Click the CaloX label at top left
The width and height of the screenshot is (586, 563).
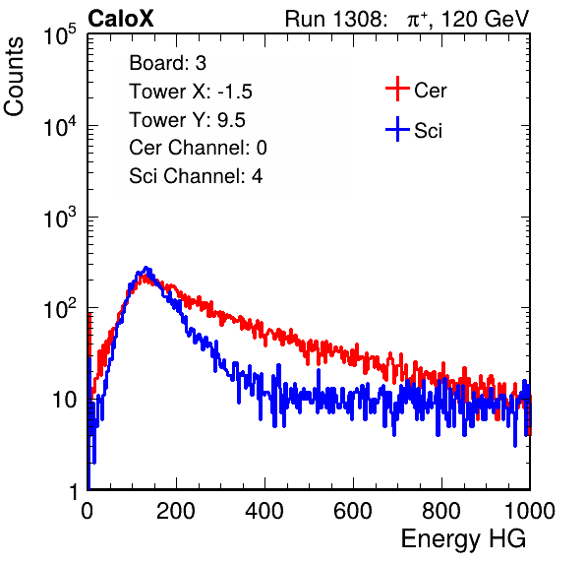tap(121, 19)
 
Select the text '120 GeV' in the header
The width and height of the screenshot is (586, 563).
tap(485, 19)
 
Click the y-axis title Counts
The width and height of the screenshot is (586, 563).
tap(14, 77)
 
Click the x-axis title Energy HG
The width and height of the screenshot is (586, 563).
tap(463, 539)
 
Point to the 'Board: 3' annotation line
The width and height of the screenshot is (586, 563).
tap(167, 63)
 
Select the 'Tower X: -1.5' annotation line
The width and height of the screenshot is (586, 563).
tap(191, 92)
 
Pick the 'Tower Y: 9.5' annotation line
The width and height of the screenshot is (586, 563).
tap(187, 120)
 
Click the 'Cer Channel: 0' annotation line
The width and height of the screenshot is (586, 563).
tap(198, 148)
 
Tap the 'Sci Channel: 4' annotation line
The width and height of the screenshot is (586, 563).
tap(196, 176)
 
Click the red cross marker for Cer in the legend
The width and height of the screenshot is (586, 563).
tap(397, 89)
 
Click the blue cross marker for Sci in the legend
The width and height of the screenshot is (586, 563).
tap(397, 130)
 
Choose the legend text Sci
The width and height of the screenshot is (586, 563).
tap(429, 131)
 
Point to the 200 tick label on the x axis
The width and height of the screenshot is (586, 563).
tap(176, 511)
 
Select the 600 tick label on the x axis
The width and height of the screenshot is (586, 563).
tap(353, 511)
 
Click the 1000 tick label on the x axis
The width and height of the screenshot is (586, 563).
tap(530, 511)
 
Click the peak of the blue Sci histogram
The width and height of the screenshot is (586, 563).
tap(146, 268)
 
